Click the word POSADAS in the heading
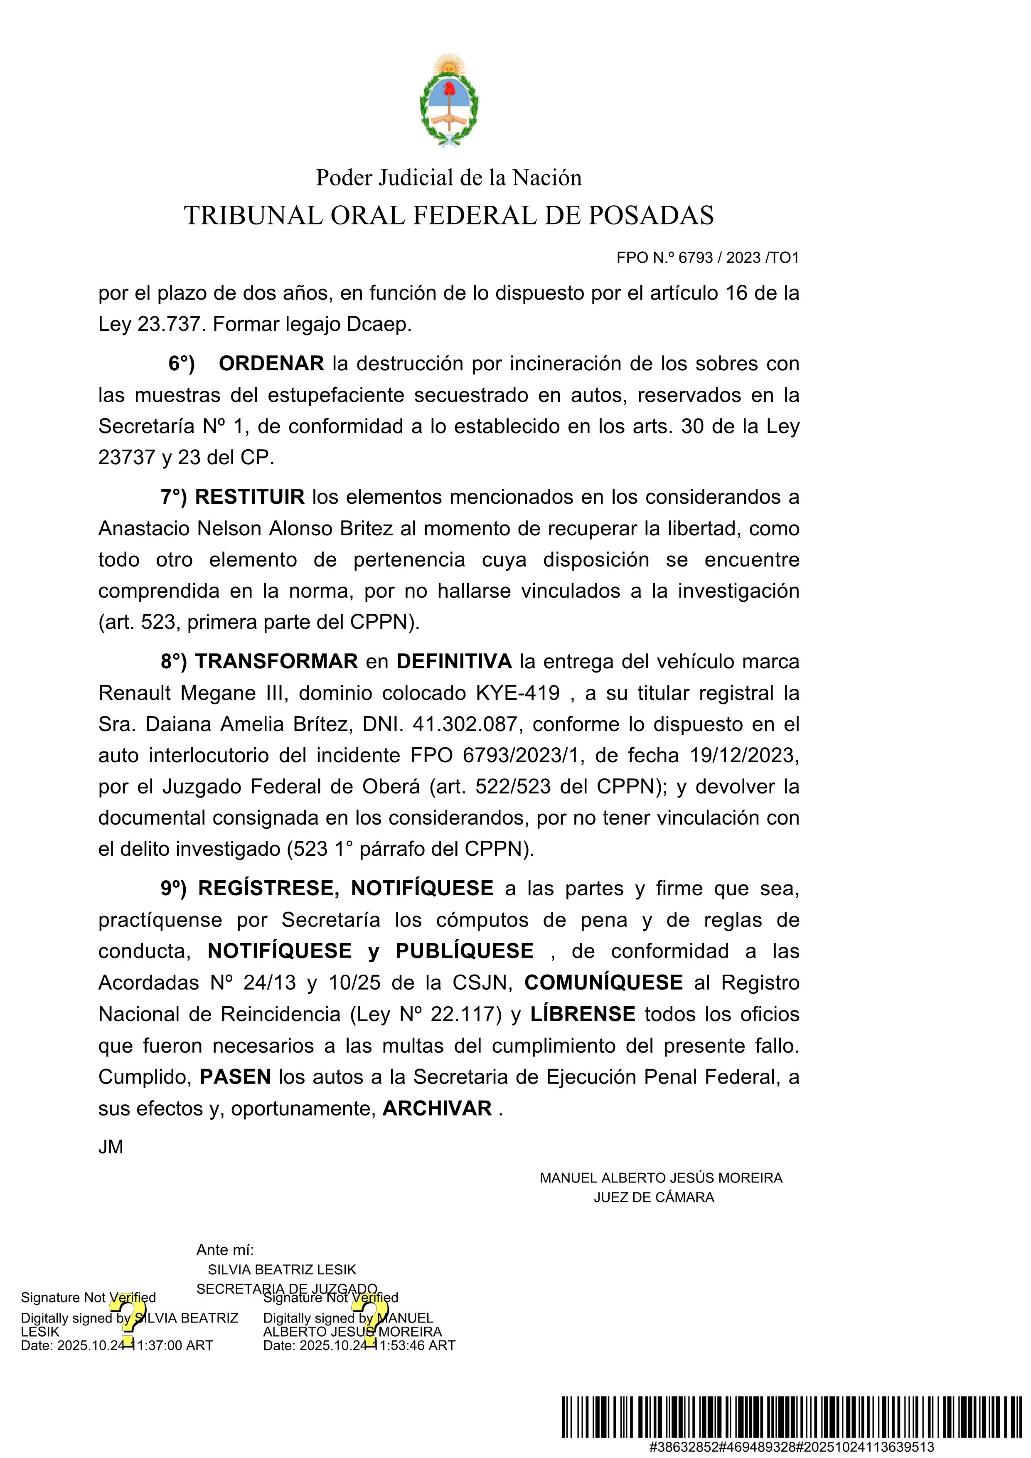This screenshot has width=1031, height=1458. pyautogui.click(x=651, y=216)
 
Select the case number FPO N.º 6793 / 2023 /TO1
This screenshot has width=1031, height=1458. pyautogui.click(x=707, y=258)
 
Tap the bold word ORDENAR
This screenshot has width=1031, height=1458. pyautogui.click(x=271, y=364)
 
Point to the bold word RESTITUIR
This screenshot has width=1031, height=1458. pyautogui.click(x=249, y=497)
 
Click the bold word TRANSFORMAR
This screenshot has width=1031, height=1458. pyautogui.click(x=276, y=662)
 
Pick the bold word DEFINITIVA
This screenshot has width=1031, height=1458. pyautogui.click(x=454, y=662)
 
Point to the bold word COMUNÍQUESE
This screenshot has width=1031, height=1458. pyautogui.click(x=603, y=983)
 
